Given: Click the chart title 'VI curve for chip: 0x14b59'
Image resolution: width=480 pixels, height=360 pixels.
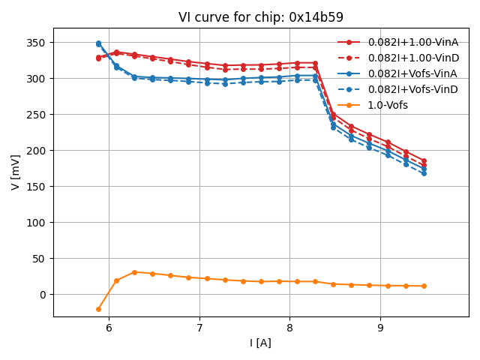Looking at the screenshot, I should [x=261, y=17].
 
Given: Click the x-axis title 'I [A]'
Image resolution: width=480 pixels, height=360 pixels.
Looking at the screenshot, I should [x=261, y=343].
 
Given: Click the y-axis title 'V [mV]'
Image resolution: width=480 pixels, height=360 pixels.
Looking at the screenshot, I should [x=16, y=172].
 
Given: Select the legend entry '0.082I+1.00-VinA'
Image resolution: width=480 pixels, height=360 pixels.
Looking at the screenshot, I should [x=413, y=42].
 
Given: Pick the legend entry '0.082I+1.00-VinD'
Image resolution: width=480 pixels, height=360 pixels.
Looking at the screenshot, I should [x=413, y=58].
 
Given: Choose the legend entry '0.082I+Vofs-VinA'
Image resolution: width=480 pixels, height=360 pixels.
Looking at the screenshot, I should [x=413, y=73].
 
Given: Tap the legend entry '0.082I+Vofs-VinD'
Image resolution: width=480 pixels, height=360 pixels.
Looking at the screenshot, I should [x=413, y=89].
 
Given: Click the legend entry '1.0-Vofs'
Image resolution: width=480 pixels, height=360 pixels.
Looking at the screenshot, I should [x=388, y=105].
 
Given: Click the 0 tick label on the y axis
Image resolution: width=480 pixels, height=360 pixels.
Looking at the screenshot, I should [x=43, y=295].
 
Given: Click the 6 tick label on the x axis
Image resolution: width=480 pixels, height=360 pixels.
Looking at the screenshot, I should [x=109, y=328].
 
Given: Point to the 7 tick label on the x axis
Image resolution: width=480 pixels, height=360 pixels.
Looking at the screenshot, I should [x=199, y=328].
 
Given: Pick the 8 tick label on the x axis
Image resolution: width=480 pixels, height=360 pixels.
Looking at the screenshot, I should [x=290, y=328].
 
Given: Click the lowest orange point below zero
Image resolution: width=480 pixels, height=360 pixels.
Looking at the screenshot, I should [x=98, y=309].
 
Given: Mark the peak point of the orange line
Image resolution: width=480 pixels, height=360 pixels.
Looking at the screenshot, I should [x=134, y=272].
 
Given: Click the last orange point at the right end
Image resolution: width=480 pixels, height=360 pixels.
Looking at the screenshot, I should [x=424, y=286].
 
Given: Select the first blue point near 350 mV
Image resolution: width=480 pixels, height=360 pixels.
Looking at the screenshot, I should [x=98, y=43].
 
